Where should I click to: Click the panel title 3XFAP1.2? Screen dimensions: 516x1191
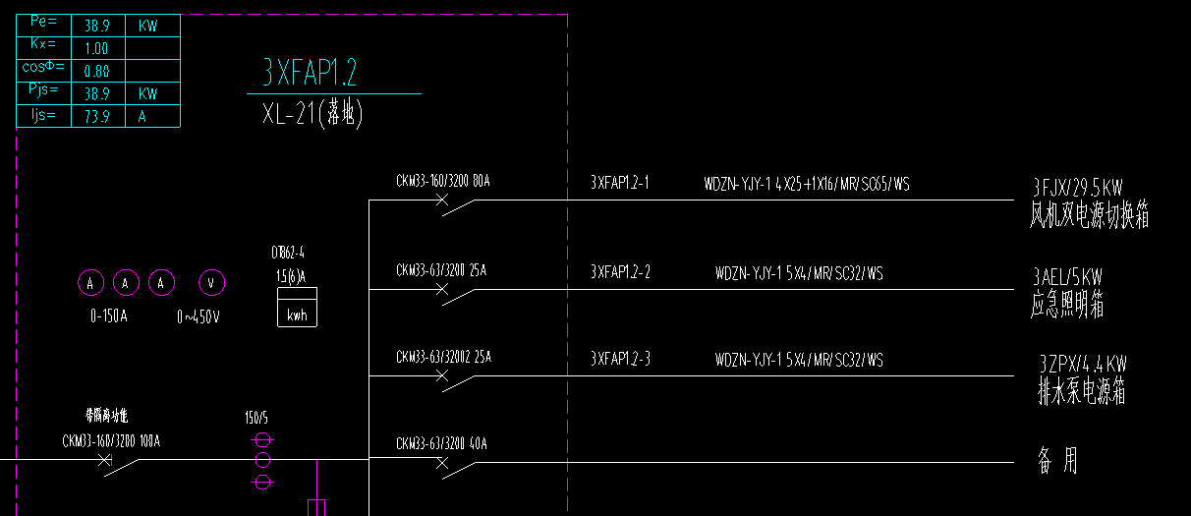[x=309, y=73]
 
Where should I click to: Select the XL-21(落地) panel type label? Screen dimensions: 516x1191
[x=312, y=115]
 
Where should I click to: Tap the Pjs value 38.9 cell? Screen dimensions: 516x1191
[x=97, y=94]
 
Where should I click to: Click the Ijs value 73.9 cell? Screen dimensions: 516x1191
[x=97, y=117]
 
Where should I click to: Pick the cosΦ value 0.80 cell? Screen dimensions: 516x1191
[x=97, y=72]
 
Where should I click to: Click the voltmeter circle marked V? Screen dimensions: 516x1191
[x=211, y=284]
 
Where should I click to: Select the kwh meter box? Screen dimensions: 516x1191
[x=297, y=308]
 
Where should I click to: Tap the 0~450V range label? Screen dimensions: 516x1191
[x=198, y=317]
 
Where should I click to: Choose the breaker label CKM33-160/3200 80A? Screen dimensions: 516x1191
[x=442, y=181]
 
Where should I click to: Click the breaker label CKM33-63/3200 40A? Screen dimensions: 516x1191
[x=441, y=444]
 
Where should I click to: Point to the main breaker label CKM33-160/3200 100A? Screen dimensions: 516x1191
[x=111, y=441]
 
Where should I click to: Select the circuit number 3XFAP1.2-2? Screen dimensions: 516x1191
[x=620, y=272]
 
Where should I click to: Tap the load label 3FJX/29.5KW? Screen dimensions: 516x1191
[x=1077, y=187]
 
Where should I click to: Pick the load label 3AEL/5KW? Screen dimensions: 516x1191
[x=1067, y=276]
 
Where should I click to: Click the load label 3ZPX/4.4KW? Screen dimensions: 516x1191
[x=1083, y=364]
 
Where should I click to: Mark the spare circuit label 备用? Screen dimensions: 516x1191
[x=1057, y=460]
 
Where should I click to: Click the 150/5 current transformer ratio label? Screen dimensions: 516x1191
[x=257, y=418]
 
